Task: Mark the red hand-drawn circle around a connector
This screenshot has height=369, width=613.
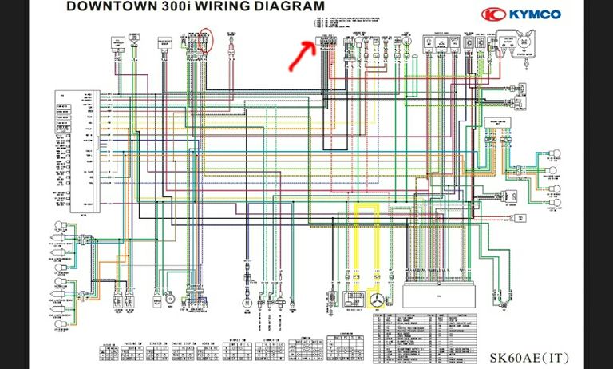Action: click(206, 41)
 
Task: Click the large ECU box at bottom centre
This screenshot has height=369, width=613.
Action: click(430, 296)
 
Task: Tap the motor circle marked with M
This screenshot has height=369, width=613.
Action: click(247, 303)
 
